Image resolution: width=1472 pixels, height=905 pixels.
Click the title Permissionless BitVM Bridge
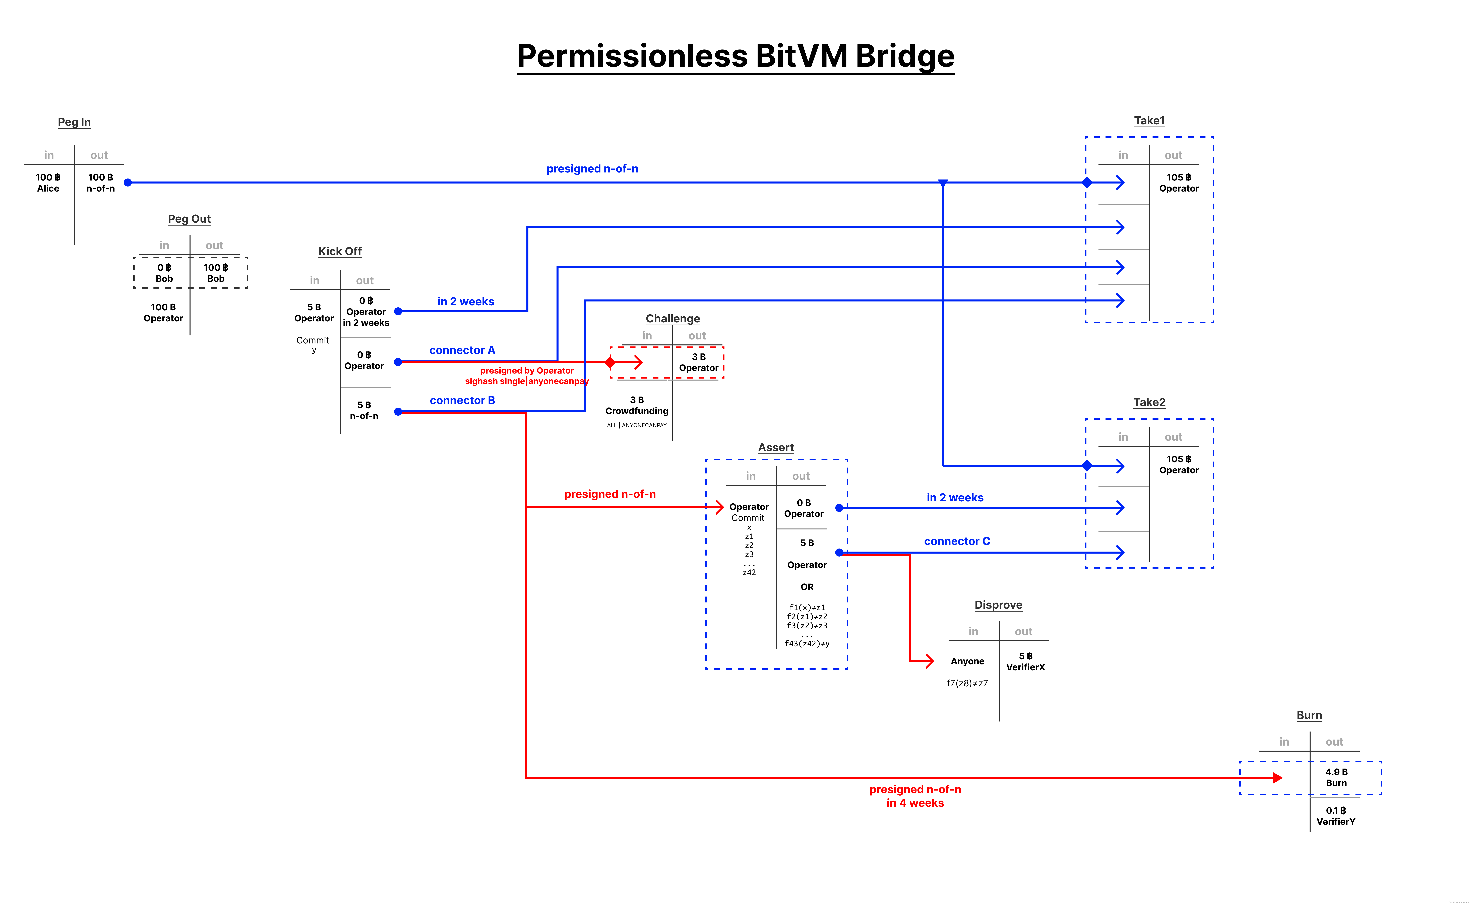click(735, 56)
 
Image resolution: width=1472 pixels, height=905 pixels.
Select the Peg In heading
click(74, 122)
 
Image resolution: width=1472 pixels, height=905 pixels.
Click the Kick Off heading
click(340, 251)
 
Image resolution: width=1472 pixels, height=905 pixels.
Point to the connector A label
click(462, 350)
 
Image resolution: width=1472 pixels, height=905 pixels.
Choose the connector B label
click(462, 400)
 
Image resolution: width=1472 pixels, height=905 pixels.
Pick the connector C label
click(957, 541)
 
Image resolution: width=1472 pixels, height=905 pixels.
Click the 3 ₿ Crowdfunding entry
click(637, 405)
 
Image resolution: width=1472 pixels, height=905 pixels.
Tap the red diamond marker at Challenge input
click(610, 362)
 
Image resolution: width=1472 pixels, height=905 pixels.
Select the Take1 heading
click(1149, 121)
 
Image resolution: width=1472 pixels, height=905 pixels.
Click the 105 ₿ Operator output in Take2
click(1179, 464)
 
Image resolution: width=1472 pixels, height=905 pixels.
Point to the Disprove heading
click(998, 605)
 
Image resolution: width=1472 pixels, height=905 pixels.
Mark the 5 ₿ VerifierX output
click(1026, 661)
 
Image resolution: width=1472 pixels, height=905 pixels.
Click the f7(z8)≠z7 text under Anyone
click(967, 683)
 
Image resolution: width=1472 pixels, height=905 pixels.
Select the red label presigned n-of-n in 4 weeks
click(915, 796)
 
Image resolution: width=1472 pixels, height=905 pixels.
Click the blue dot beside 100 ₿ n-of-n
click(128, 183)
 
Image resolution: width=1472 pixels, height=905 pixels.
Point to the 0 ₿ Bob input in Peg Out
click(164, 273)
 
